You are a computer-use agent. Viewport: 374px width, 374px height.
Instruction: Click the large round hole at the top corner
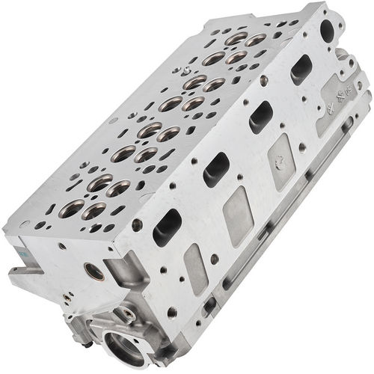pyautogui.click(x=326, y=30)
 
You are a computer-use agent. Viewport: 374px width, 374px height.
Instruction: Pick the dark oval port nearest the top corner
pyautogui.click(x=301, y=69)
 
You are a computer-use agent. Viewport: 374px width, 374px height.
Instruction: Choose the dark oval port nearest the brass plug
pyautogui.click(x=167, y=227)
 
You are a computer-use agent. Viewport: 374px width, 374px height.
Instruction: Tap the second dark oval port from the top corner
pyautogui.click(x=260, y=116)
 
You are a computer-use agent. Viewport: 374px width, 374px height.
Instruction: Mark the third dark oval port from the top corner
pyautogui.click(x=215, y=169)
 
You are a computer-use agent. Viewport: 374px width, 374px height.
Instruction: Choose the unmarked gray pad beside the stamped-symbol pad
pyautogui.click(x=238, y=215)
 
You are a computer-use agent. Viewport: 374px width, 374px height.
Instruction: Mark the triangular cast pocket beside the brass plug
pyautogui.click(x=120, y=264)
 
